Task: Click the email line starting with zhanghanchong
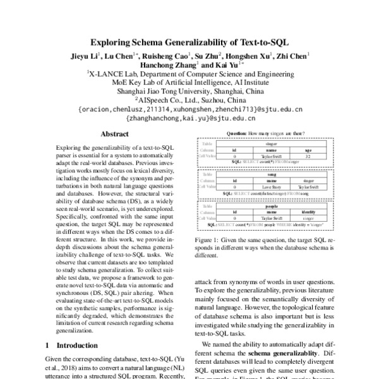coord(189,117)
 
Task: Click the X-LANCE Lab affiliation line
coord(189,73)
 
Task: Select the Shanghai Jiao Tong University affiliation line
coord(189,91)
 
